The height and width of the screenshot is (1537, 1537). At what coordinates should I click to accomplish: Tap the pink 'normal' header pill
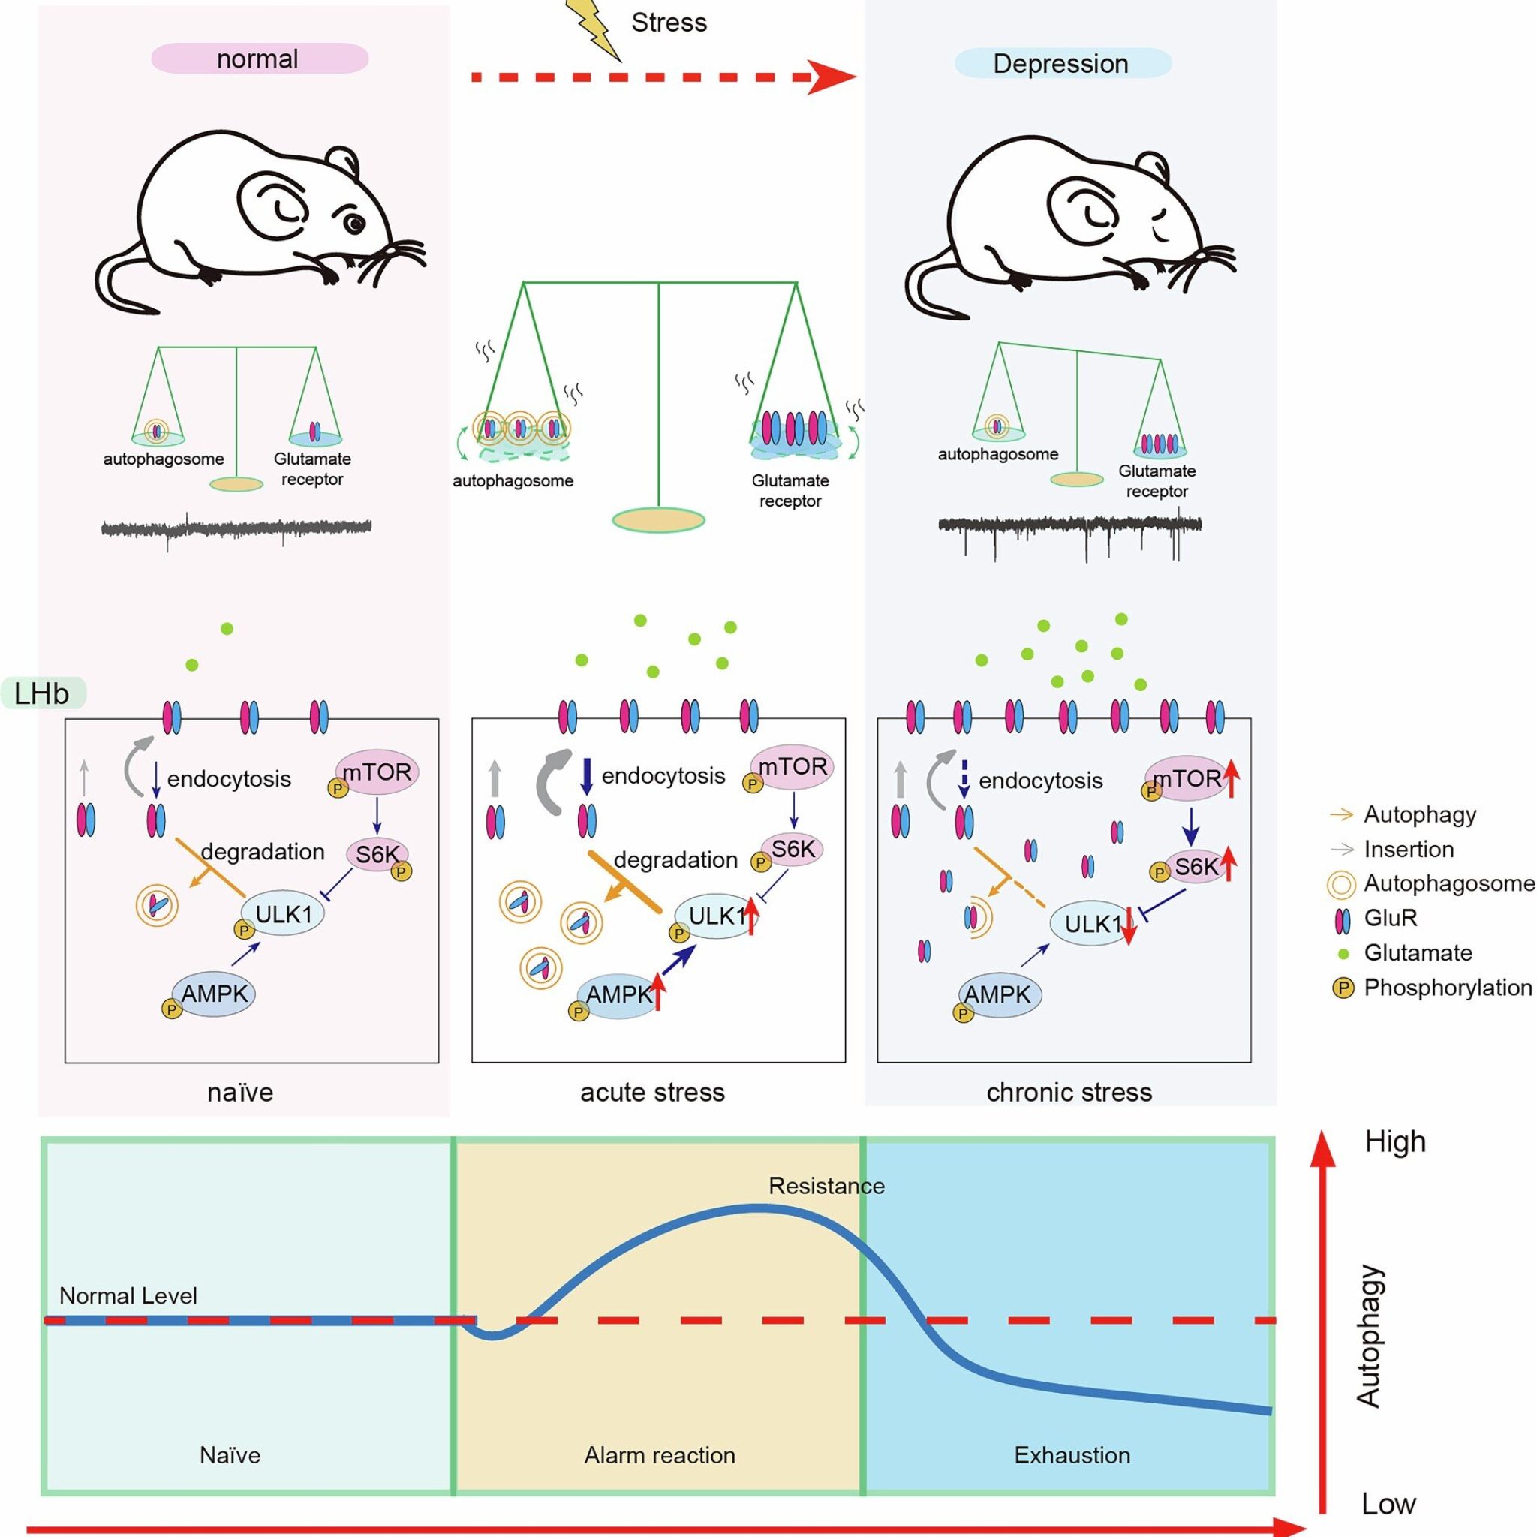pyautogui.click(x=260, y=59)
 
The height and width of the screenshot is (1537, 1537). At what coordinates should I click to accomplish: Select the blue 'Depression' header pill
pyautogui.click(x=1063, y=64)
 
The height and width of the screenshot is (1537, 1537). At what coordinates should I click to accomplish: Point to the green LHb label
pyautogui.click(x=43, y=693)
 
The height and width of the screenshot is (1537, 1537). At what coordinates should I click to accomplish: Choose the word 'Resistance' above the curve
pyautogui.click(x=826, y=1187)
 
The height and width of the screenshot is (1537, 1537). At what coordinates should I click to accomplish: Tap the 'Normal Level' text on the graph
pyautogui.click(x=128, y=1296)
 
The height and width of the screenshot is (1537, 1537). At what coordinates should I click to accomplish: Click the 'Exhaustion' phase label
pyautogui.click(x=1072, y=1455)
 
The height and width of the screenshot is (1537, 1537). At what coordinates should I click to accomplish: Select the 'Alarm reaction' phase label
pyautogui.click(x=660, y=1455)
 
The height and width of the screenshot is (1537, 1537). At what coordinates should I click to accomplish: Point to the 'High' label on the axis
pyautogui.click(x=1395, y=1142)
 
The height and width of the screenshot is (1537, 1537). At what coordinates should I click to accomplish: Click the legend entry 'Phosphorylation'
pyautogui.click(x=1448, y=988)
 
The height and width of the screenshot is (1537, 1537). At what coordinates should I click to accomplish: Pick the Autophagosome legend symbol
pyautogui.click(x=1342, y=885)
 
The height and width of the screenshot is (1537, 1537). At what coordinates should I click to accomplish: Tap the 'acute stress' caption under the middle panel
pyautogui.click(x=653, y=1092)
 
